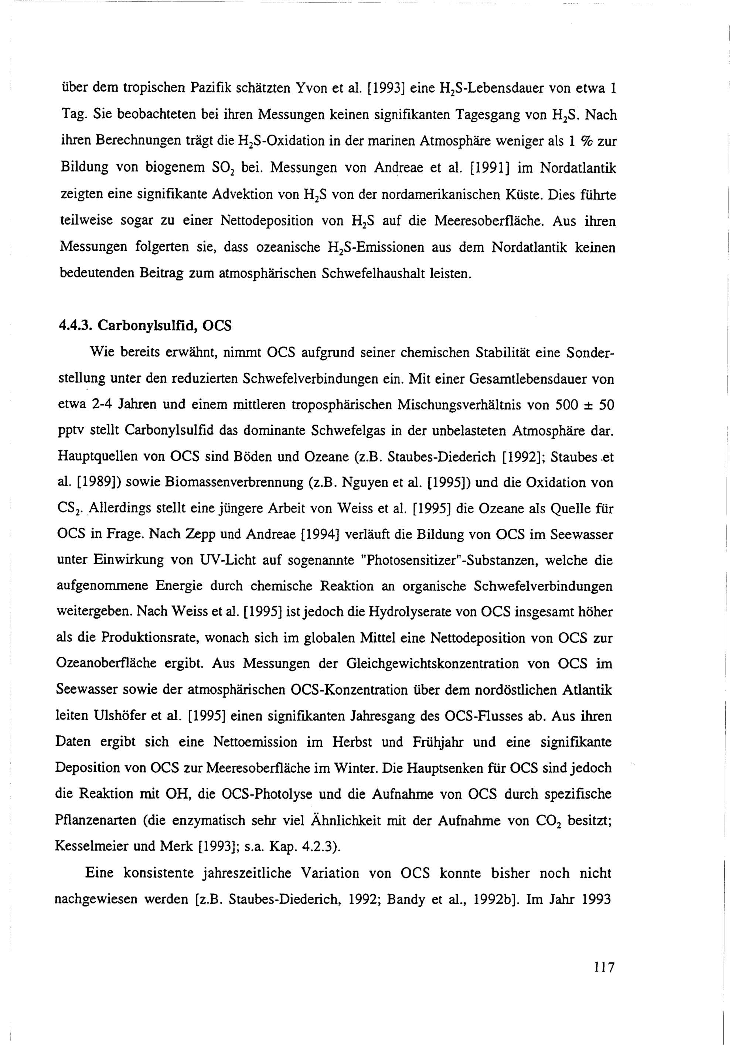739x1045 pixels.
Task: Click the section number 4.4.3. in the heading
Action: tap(75, 326)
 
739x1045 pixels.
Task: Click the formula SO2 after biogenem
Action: tap(224, 169)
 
